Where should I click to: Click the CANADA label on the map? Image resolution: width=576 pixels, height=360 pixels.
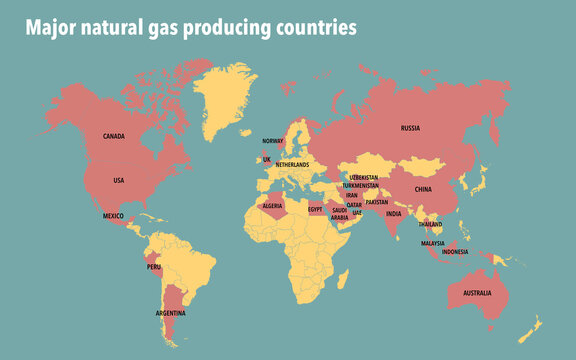[x=114, y=136]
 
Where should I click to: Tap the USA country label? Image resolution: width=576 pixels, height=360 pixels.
[x=118, y=180]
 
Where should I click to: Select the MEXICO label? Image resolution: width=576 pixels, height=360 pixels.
[x=112, y=216]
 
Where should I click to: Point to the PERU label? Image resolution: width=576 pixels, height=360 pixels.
[x=153, y=267]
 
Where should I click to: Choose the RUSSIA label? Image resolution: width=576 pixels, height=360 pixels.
[x=410, y=128]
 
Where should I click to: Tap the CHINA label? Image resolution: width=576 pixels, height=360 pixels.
[x=422, y=188]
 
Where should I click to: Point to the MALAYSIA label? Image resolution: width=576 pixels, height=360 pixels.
[x=432, y=243]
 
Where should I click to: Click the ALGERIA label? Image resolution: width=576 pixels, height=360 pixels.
[x=272, y=205]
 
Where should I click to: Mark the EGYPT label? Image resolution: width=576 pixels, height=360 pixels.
[x=315, y=210]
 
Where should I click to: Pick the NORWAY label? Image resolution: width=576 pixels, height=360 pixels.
[x=273, y=141]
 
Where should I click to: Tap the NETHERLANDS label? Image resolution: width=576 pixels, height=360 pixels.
[x=292, y=165]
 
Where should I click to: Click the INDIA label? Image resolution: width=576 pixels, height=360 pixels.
[x=394, y=213]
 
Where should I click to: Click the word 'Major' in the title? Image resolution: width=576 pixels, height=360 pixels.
[x=47, y=29]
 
